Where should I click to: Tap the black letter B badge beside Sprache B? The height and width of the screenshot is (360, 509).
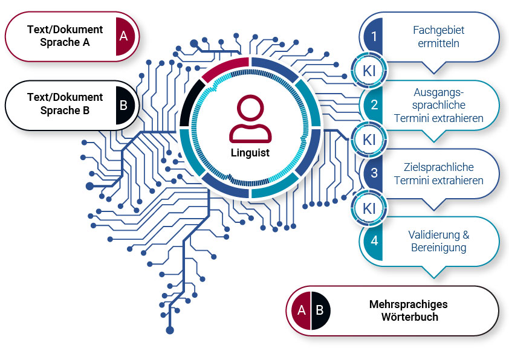click(124, 105)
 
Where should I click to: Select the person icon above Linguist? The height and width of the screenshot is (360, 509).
click(250, 118)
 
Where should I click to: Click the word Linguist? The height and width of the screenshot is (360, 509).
click(250, 153)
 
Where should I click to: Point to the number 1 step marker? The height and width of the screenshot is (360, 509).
click(374, 36)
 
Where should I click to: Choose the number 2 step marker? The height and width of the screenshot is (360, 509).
click(374, 105)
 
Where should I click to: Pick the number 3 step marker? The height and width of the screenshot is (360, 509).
click(374, 173)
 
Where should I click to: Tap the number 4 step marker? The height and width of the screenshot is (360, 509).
click(374, 240)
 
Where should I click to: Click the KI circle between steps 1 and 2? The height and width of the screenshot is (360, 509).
click(369, 70)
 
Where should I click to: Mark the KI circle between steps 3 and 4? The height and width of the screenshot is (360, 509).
click(369, 208)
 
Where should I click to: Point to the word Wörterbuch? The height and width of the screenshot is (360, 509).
click(408, 317)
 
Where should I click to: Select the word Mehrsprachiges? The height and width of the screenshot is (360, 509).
click(408, 304)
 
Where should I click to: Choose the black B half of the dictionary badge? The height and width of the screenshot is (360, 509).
click(320, 310)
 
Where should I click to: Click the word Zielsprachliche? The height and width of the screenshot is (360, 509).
click(438, 167)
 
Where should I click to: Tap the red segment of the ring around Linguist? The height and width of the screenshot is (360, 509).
click(225, 68)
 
